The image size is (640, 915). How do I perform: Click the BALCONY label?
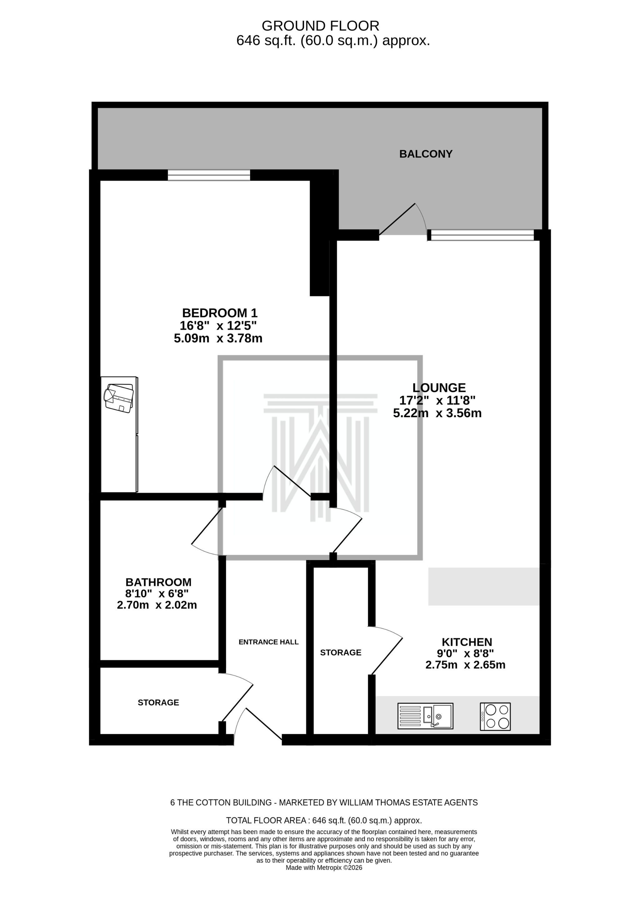pos(425,154)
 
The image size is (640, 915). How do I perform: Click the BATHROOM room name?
pos(158,582)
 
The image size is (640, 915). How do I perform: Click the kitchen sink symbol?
pos(425,716)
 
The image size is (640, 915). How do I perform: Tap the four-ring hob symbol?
pos(495,716)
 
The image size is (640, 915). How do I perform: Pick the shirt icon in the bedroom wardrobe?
pos(118,397)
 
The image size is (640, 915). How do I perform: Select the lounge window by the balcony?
pos(482,235)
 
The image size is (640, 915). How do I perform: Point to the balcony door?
pos(402,221)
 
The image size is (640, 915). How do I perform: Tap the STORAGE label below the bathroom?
pos(158,703)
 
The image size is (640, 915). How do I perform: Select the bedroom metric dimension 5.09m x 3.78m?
pos(218,338)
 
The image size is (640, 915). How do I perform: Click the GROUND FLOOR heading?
pos(320,26)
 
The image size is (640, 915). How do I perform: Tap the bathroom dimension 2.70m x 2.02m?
pos(157,605)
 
